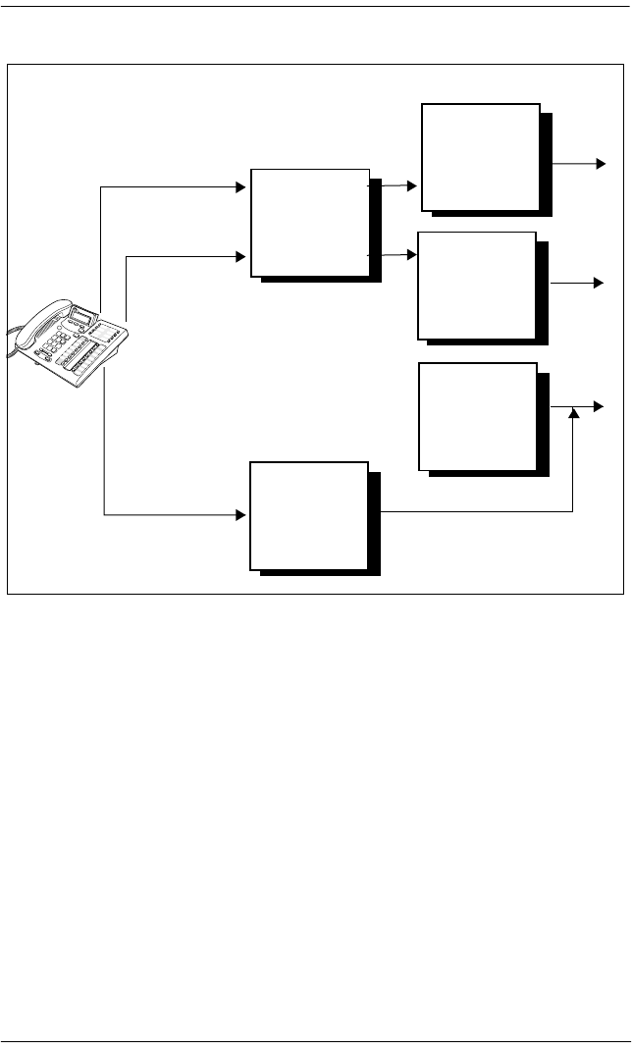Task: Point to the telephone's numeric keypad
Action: coord(55,344)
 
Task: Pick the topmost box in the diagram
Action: coord(480,156)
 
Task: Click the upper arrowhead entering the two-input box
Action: coord(239,186)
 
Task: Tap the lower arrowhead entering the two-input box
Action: coord(239,257)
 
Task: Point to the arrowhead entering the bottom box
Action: coord(239,514)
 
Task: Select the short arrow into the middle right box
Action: coord(394,254)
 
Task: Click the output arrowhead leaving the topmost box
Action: coord(600,162)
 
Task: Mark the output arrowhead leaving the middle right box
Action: coord(598,283)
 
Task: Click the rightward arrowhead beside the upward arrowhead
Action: coord(600,406)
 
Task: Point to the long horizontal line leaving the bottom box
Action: coord(471,511)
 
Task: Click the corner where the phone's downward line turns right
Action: coord(104,514)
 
